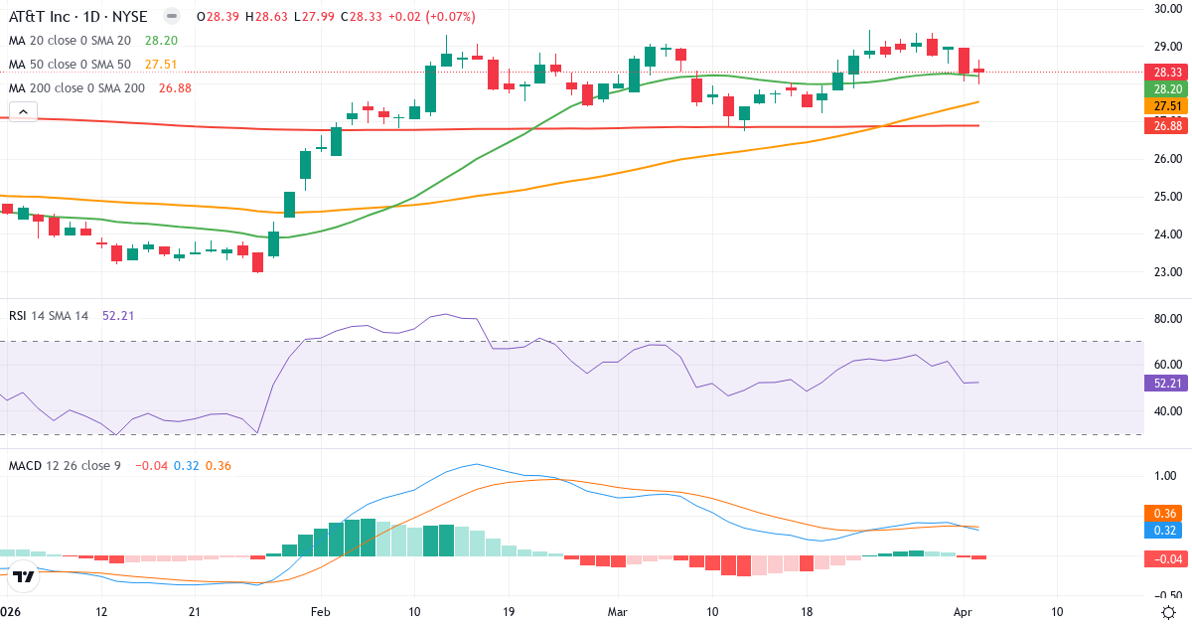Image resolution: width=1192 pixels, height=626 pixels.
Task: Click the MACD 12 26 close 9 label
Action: tap(65, 465)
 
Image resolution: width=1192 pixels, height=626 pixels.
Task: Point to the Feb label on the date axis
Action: tap(319, 612)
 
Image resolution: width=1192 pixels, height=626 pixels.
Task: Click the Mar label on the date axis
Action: tap(617, 612)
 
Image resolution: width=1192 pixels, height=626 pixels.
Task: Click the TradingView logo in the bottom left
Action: tap(25, 575)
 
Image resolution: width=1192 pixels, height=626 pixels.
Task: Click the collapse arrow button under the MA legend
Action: tap(23, 111)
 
